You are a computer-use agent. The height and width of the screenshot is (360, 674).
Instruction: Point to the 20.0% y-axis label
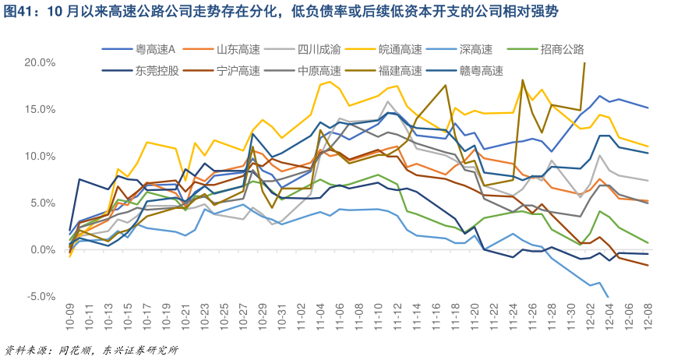pyautogui.click(x=40, y=62)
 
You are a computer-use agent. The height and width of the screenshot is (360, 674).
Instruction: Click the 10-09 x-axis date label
pyautogui.click(x=70, y=320)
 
